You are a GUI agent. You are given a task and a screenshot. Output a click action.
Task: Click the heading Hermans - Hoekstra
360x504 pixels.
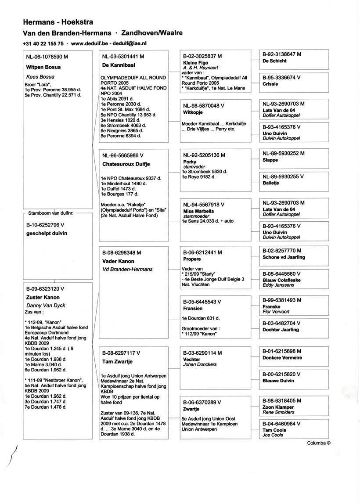pyautogui.click(x=58, y=22)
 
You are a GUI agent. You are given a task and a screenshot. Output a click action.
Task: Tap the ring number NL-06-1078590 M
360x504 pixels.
pyautogui.click(x=47, y=57)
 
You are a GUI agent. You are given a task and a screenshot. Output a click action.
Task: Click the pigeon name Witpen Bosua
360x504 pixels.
pyautogui.click(x=43, y=67)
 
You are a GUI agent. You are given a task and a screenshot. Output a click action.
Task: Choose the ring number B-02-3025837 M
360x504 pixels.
pyautogui.click(x=202, y=57)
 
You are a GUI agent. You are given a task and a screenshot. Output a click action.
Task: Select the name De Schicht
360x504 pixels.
pyautogui.click(x=274, y=61)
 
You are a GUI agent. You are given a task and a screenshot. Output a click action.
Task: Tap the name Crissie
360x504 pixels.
pyautogui.click(x=270, y=84)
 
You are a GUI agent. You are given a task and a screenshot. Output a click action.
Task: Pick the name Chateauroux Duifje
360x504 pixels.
pyautogui.click(x=126, y=164)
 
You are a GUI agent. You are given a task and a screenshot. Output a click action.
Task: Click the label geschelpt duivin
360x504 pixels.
pyautogui.click(x=47, y=234)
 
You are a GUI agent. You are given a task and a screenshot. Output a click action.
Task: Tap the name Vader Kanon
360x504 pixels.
pyautogui.click(x=118, y=261)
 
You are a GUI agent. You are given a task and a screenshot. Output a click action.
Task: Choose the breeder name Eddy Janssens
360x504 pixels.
pyautogui.click(x=279, y=285)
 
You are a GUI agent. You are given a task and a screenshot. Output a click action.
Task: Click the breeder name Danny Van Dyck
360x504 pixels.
pyautogui.click(x=46, y=305)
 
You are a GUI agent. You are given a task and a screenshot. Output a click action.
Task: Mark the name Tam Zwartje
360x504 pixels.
pyautogui.click(x=117, y=362)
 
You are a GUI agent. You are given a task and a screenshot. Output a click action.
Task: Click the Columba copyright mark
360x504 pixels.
pyautogui.click(x=319, y=443)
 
